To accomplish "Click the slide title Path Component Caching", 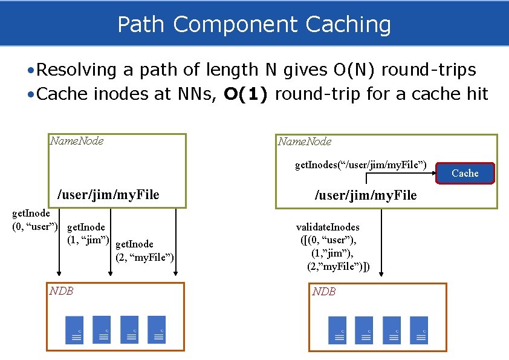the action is pos(254,25).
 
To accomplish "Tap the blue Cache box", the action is pos(465,173).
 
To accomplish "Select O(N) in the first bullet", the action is pos(356,70).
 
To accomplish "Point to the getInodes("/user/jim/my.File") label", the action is pos(361,164).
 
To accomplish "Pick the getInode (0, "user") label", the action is pos(35,220).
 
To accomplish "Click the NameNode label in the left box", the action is pos(77,141).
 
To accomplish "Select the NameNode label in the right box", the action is pos(305,142).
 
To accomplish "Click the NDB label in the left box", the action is pos(62,290).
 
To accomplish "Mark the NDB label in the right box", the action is pos(324,292).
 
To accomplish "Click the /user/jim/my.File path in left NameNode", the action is pos(108,195).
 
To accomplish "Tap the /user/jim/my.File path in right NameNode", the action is pos(366,195).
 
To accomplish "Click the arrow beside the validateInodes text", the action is pos(381,242).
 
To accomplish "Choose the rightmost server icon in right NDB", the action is pos(418,330).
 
